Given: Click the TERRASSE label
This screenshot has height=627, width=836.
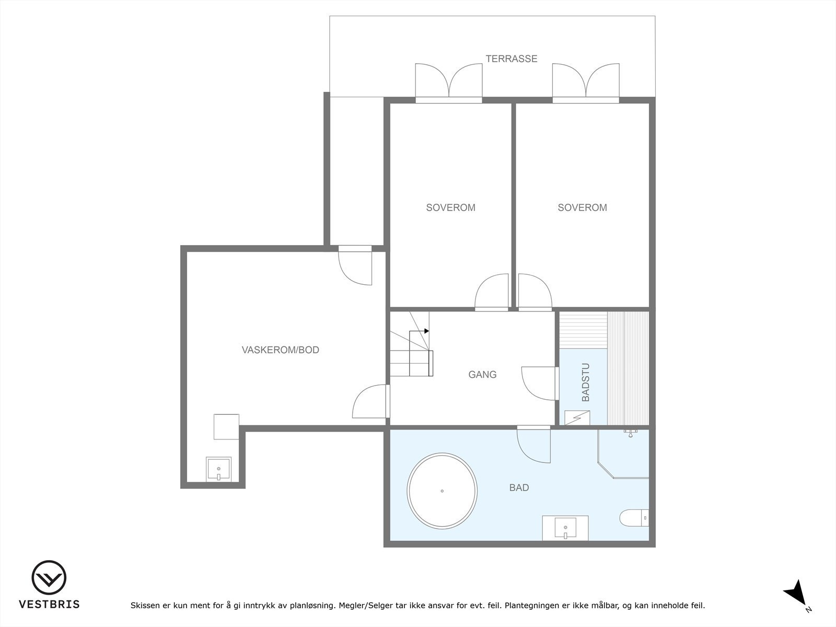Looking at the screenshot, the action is pyautogui.click(x=511, y=59).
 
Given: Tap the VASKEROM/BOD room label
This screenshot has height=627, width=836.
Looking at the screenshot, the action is pyautogui.click(x=280, y=350).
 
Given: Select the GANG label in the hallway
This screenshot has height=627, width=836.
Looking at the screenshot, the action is pyautogui.click(x=482, y=375).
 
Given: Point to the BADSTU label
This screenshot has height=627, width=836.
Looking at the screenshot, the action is pyautogui.click(x=586, y=382).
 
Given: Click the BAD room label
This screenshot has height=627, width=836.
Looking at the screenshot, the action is pyautogui.click(x=519, y=487).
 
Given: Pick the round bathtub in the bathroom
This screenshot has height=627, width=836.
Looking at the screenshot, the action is pyautogui.click(x=442, y=491).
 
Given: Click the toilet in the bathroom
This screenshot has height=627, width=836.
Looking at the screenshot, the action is pyautogui.click(x=634, y=518).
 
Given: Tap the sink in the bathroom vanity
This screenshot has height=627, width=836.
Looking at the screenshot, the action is pyautogui.click(x=565, y=528).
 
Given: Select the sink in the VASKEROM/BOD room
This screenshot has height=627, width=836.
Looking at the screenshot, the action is pyautogui.click(x=218, y=469).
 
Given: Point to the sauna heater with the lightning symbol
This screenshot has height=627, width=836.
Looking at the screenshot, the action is pyautogui.click(x=577, y=417).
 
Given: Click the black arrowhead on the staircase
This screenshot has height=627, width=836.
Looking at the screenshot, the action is pyautogui.click(x=427, y=331).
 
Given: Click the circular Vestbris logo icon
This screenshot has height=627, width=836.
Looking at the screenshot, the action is pyautogui.click(x=49, y=577).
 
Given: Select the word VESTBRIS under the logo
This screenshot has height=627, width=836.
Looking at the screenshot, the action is pyautogui.click(x=49, y=604).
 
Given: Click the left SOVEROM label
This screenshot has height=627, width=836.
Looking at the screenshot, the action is pyautogui.click(x=450, y=207).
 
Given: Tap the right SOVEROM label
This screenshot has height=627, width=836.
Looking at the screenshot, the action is pyautogui.click(x=583, y=207).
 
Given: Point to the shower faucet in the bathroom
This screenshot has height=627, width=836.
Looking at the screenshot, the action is pyautogui.click(x=631, y=433).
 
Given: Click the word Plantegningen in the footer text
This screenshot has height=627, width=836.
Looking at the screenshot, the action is pyautogui.click(x=529, y=605).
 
